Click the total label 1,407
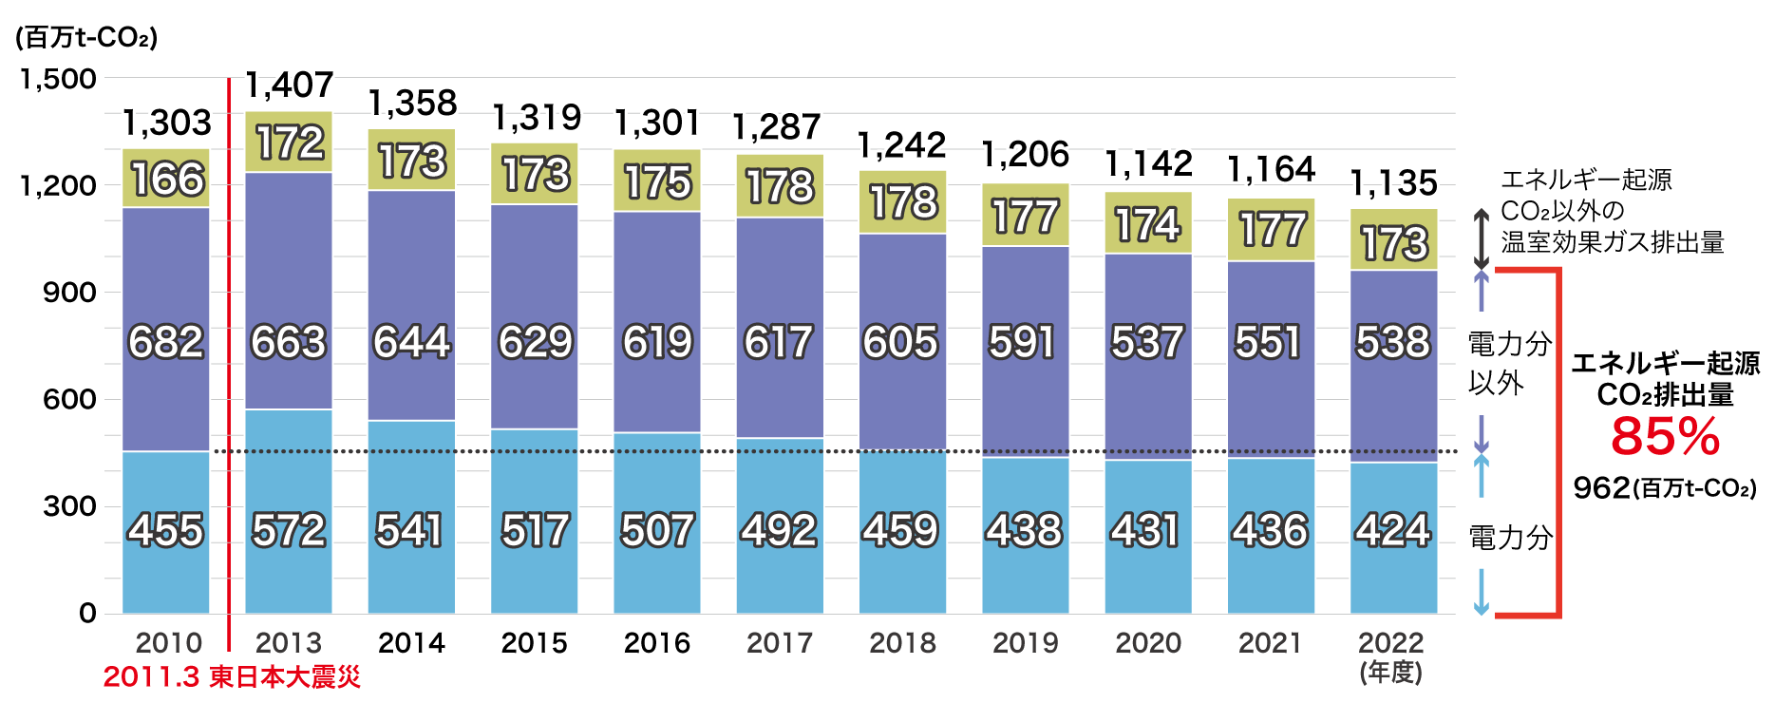(290, 85)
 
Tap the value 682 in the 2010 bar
(166, 342)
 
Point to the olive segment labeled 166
(167, 180)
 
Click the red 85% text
(1665, 436)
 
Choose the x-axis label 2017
(780, 643)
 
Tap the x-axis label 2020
(1148, 643)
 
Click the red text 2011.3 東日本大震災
(232, 676)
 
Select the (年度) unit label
(1391, 673)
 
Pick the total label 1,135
(1393, 182)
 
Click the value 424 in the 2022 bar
(1393, 530)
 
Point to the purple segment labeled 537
(1147, 342)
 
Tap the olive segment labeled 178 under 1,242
(903, 202)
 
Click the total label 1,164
(1272, 170)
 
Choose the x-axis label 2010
(168, 643)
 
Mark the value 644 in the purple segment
(411, 342)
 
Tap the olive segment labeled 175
(657, 181)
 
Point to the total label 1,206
(1026, 155)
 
